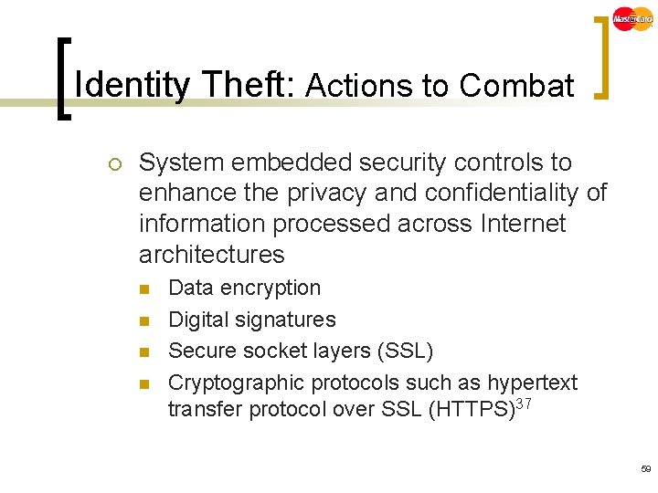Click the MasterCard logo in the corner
632,18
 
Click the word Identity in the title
133,86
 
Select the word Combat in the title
516,86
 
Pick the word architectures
211,254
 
